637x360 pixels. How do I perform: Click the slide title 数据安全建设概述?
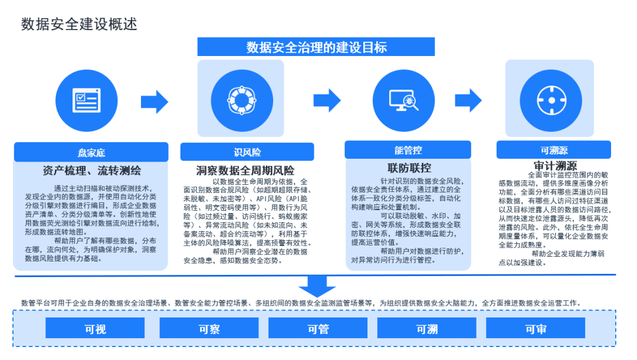[79, 24]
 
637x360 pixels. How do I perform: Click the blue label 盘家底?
[91, 152]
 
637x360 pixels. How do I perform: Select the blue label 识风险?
[247, 152]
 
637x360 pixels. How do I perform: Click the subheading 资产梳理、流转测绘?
[91, 171]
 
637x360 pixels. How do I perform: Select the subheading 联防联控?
[408, 168]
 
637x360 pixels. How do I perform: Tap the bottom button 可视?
[95, 329]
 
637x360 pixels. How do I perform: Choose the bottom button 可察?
[209, 329]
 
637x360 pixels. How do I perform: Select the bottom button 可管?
[318, 329]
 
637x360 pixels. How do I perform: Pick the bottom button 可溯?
[427, 329]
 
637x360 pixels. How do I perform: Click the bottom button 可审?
[536, 329]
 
